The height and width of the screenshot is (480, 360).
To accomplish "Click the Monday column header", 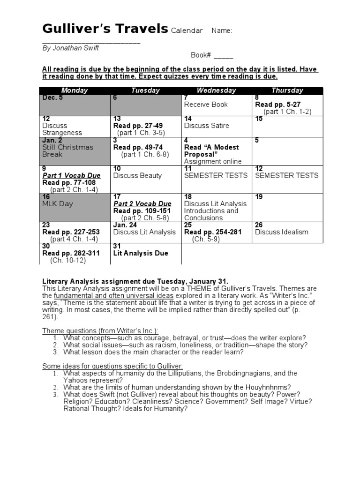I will click(x=75, y=90).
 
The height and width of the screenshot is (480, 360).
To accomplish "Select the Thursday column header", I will click(x=287, y=90).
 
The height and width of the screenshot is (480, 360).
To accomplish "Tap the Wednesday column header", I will click(x=216, y=90).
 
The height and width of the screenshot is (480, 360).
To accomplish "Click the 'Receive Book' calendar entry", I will click(x=206, y=105).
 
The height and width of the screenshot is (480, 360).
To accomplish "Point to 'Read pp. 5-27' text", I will click(x=277, y=105).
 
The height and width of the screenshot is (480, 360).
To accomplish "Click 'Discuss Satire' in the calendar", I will click(x=207, y=126).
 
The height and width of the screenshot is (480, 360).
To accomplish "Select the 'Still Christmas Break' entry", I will click(x=67, y=150).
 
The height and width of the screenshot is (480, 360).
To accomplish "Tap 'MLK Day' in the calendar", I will click(x=58, y=204).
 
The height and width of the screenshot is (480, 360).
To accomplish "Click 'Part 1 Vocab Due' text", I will click(x=71, y=176).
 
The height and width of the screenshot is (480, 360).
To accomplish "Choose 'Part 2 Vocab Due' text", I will click(x=142, y=204).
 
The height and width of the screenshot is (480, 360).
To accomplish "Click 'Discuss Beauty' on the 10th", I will click(x=137, y=176).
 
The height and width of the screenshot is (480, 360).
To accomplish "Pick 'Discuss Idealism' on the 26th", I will click(x=282, y=232).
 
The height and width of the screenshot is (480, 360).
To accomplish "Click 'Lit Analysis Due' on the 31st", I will click(x=141, y=253).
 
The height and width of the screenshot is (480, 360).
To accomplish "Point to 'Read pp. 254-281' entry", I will click(x=213, y=232).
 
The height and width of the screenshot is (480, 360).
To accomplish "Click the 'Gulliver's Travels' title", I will click(x=105, y=29).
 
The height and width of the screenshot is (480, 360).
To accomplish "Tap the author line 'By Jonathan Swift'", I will click(x=71, y=48).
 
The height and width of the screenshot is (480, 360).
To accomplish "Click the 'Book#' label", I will click(x=201, y=55).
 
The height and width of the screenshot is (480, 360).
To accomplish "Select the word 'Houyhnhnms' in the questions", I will click(x=270, y=387).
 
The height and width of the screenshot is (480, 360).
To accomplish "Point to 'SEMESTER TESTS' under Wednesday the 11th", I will click(x=216, y=176).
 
